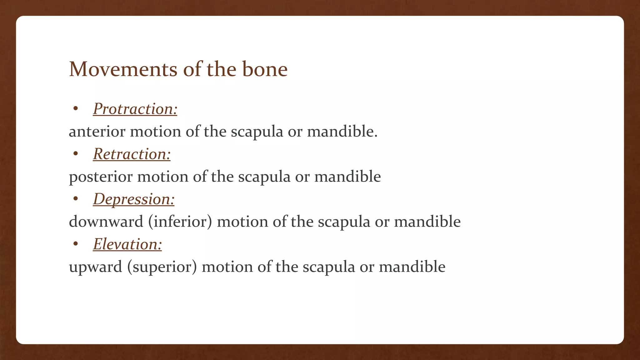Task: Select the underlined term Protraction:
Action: click(135, 109)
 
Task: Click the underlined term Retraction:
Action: click(132, 154)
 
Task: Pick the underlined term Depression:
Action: click(133, 199)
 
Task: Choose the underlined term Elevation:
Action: click(127, 244)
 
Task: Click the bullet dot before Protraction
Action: click(75, 109)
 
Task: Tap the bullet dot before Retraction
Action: click(75, 154)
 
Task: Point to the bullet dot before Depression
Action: click(75, 199)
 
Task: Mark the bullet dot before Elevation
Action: click(75, 244)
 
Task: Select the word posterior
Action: click(101, 177)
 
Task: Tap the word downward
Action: click(106, 222)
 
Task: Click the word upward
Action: click(95, 267)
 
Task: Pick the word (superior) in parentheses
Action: click(162, 267)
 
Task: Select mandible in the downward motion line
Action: click(427, 222)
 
